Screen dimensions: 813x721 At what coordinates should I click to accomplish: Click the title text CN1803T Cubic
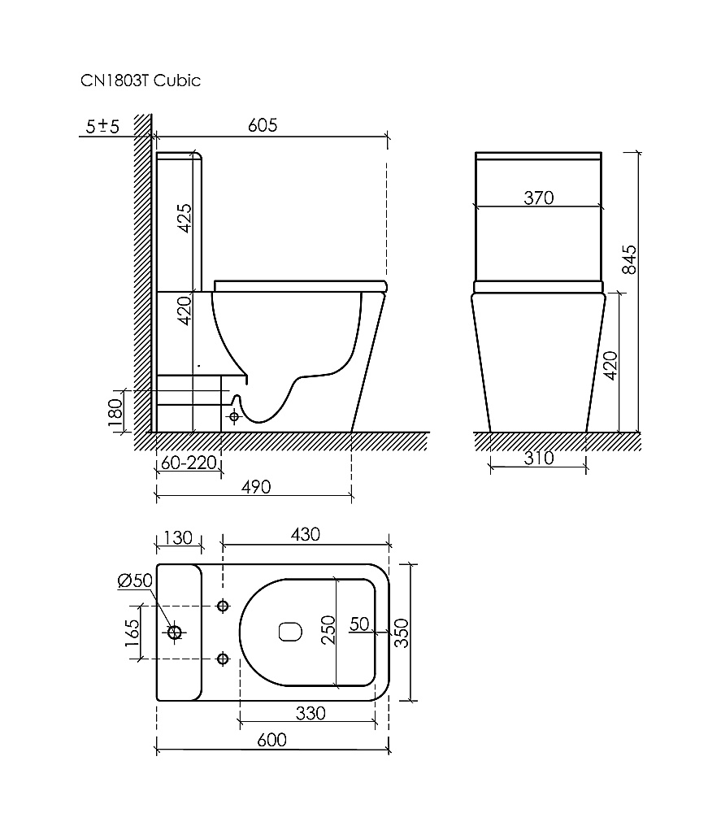pos(140,80)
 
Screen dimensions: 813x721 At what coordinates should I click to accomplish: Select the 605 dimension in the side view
pos(262,124)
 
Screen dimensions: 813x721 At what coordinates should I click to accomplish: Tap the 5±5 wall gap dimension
pos(103,126)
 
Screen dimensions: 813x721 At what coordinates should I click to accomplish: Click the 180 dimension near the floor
pos(115,412)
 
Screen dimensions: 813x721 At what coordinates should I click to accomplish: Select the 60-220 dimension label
pos(188,463)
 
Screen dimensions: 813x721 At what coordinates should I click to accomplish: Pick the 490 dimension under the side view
pos(254,486)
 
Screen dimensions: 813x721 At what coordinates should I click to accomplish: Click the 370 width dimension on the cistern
pos(537,198)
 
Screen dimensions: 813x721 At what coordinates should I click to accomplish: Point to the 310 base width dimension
pos(537,459)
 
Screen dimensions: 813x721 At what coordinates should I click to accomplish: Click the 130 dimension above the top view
pos(177,537)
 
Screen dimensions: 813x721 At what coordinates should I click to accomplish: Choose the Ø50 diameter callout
pos(135,580)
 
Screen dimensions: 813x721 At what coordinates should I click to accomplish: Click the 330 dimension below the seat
pos(310,713)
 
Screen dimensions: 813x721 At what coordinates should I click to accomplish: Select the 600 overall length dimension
pos(271,739)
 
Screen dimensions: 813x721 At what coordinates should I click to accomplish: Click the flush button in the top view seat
pos(289,632)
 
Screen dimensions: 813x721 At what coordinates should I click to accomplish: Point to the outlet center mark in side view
pos(235,417)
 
